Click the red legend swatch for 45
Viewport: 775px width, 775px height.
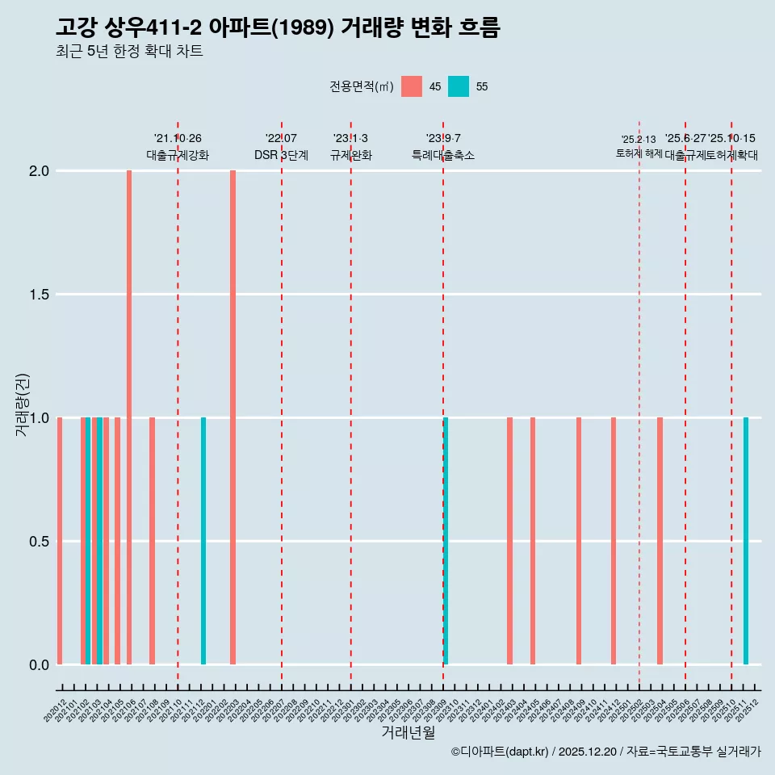(x=412, y=86)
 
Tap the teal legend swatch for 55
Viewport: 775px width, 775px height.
(x=459, y=86)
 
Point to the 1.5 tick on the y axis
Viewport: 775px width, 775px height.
(x=40, y=295)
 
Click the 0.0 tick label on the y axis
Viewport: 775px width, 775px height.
(x=40, y=664)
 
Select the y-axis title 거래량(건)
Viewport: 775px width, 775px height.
(x=23, y=404)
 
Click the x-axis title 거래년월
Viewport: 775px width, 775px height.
(x=408, y=732)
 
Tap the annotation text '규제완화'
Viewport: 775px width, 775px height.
(x=351, y=155)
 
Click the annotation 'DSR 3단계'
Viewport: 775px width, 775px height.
(x=282, y=155)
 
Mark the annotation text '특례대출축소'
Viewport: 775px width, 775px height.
(x=443, y=155)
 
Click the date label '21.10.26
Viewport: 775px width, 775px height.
(x=178, y=138)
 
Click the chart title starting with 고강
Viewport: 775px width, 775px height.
(x=279, y=27)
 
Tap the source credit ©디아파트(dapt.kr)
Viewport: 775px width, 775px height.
(x=501, y=752)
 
